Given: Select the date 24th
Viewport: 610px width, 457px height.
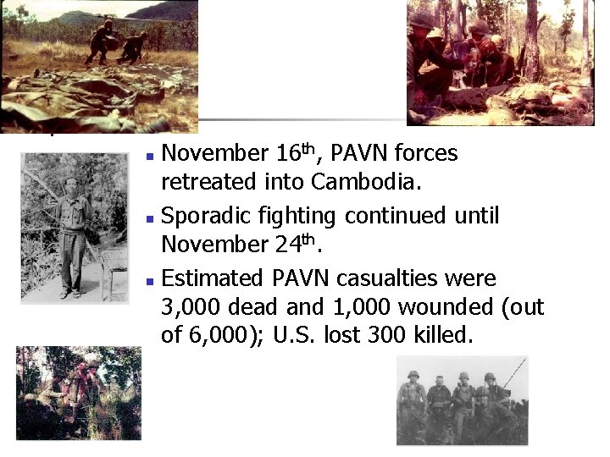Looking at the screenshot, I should [293, 245].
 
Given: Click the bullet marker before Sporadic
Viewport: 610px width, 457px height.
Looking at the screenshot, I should [149, 218].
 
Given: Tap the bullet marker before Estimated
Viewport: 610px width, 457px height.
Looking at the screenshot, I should [149, 280].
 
